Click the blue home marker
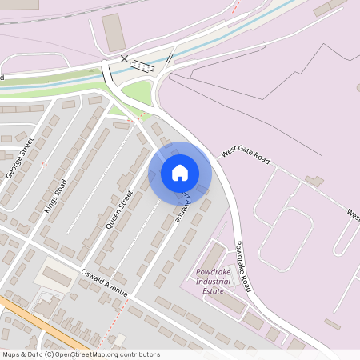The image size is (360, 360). click(x=180, y=172)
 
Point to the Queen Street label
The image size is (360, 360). click(x=118, y=209)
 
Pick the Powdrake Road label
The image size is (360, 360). click(x=243, y=266)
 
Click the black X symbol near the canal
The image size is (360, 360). click(x=123, y=58)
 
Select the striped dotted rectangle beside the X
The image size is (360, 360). click(x=142, y=66)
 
